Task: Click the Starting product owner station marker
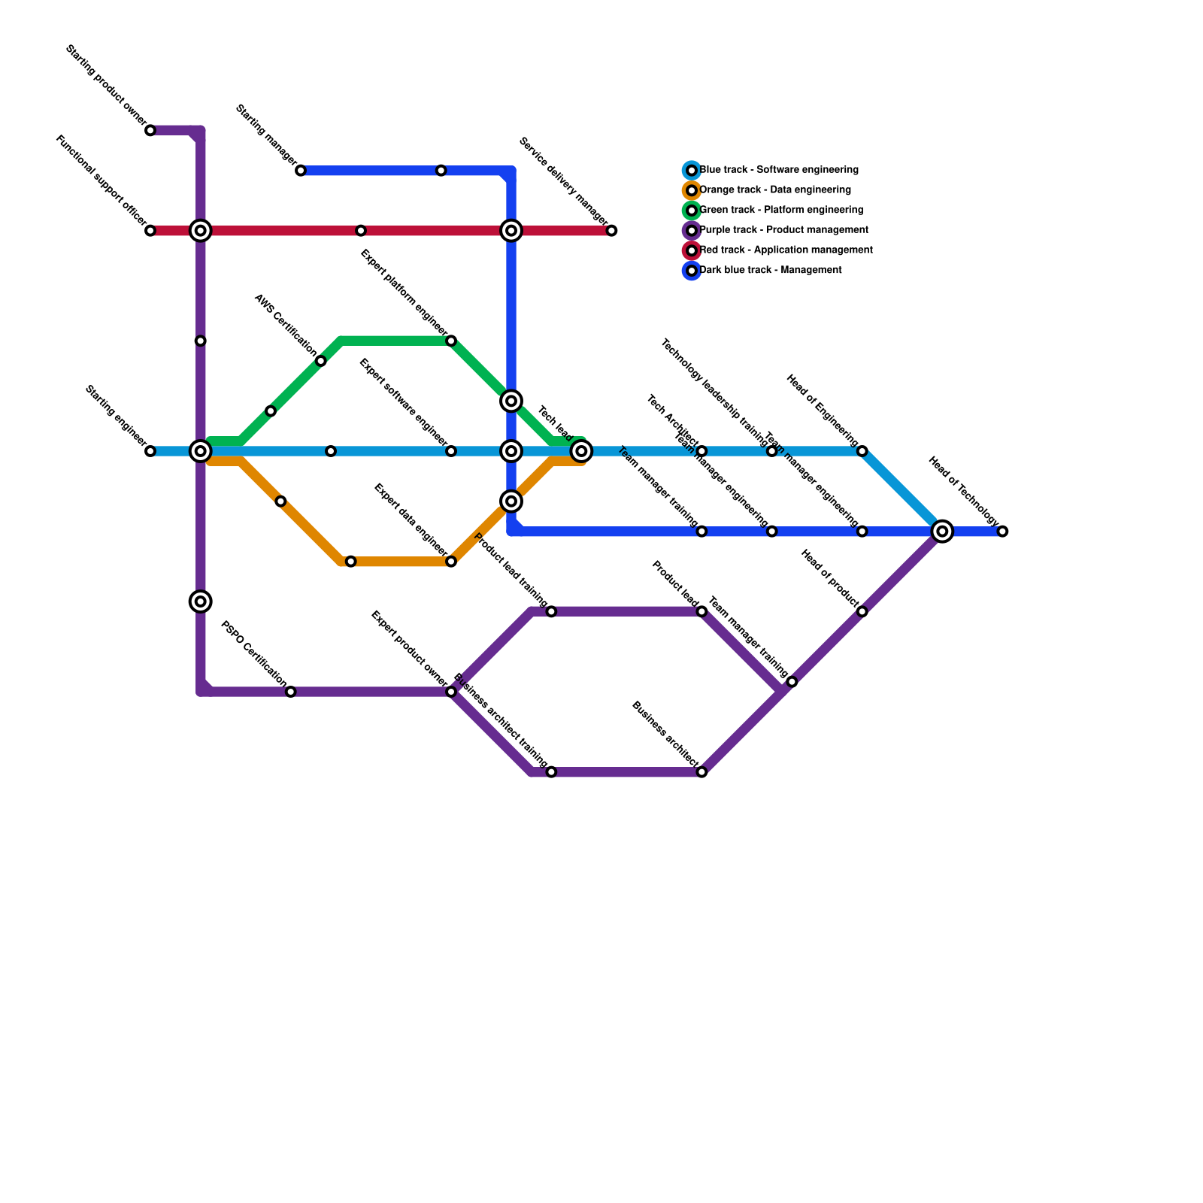pyautogui.click(x=150, y=131)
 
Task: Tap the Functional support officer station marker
pyautogui.click(x=150, y=231)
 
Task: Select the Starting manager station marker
pyautogui.click(x=301, y=171)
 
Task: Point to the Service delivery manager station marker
pyautogui.click(x=611, y=231)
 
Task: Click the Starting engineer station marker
pyautogui.click(x=150, y=451)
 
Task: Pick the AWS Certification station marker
pyautogui.click(x=321, y=362)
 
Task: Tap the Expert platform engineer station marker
pyautogui.click(x=451, y=341)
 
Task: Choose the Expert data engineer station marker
pyautogui.click(x=451, y=562)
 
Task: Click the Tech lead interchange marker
pyautogui.click(x=581, y=451)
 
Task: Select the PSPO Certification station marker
pyautogui.click(x=291, y=692)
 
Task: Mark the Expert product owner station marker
pyautogui.click(x=451, y=692)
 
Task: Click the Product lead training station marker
pyautogui.click(x=551, y=612)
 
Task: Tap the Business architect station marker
pyautogui.click(x=701, y=772)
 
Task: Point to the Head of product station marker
pyautogui.click(x=862, y=612)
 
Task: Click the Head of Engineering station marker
pyautogui.click(x=862, y=451)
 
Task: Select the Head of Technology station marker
pyautogui.click(x=1002, y=532)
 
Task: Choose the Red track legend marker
pyautogui.click(x=692, y=250)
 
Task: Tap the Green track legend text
pyautogui.click(x=781, y=211)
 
